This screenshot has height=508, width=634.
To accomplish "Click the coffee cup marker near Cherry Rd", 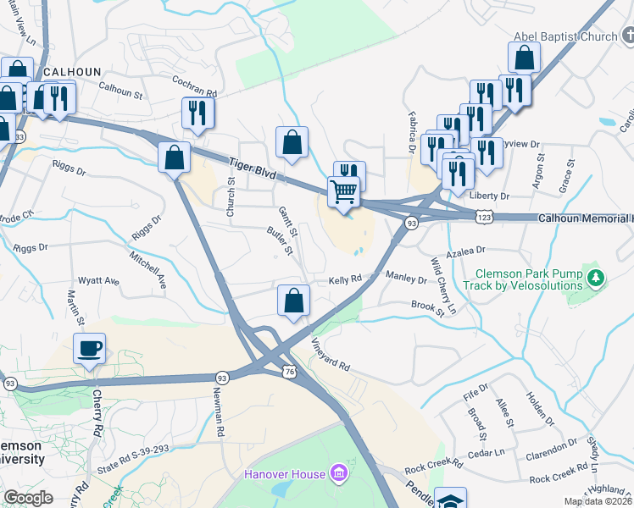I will (x=89, y=348).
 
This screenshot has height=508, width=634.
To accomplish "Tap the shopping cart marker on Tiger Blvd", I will (x=344, y=191).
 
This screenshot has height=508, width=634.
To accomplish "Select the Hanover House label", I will (x=286, y=473).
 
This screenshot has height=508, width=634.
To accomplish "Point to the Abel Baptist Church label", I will (x=565, y=36).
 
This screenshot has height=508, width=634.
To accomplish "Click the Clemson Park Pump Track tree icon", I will (x=597, y=277).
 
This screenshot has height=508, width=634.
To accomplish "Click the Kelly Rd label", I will (x=345, y=279).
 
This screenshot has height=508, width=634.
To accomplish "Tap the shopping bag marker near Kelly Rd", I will (x=293, y=301).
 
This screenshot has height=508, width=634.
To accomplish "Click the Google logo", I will (x=28, y=497).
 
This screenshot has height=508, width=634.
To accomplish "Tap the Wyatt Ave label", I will (x=99, y=280).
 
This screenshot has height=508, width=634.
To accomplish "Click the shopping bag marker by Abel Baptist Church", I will (x=524, y=58).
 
